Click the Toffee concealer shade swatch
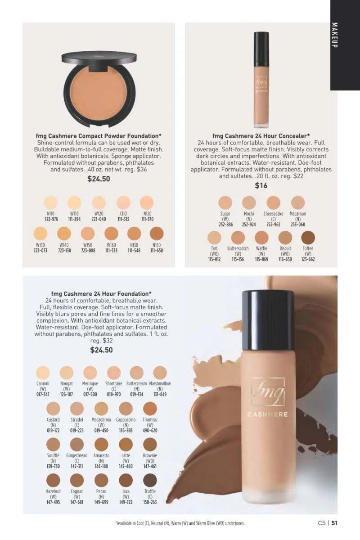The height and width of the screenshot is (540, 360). (x=308, y=237)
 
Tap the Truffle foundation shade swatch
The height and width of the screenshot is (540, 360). (x=150, y=480)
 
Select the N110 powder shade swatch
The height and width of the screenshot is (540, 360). (x=51, y=202)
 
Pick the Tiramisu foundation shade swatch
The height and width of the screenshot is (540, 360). (x=150, y=409)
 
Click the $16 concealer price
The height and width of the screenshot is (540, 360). (x=261, y=185)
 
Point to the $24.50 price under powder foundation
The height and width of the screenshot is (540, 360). (x=99, y=179)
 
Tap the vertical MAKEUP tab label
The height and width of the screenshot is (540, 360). (x=334, y=35)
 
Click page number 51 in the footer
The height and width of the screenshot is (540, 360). (x=334, y=523)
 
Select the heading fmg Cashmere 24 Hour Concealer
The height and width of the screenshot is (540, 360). (x=261, y=136)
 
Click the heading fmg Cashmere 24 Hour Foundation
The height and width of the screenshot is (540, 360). (x=101, y=294)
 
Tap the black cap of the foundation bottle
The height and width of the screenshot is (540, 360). (x=268, y=321)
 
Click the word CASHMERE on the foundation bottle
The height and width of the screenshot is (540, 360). (x=268, y=414)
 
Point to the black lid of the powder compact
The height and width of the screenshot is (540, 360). (x=99, y=58)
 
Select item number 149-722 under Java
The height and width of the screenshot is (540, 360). (x=126, y=502)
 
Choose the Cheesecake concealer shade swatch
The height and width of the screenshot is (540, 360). (x=274, y=202)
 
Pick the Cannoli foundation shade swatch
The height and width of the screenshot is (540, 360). (x=43, y=373)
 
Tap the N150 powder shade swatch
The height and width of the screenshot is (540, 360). (x=157, y=234)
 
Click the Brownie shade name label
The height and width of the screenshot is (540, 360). (x=150, y=455)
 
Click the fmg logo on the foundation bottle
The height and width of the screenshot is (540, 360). (x=268, y=392)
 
